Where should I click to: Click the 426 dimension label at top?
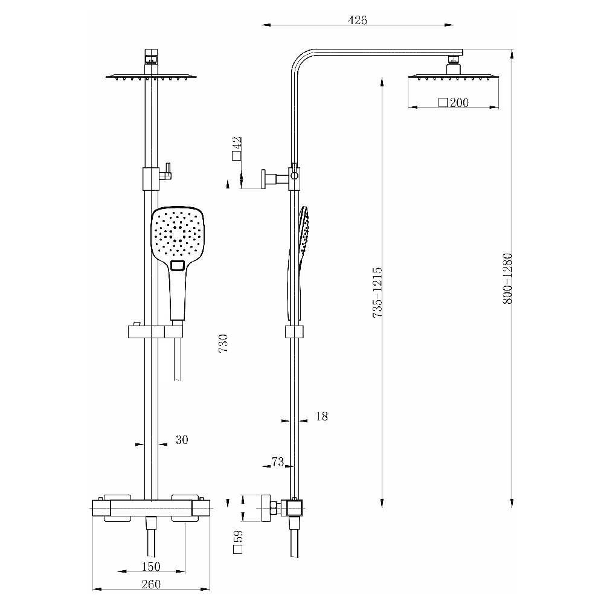pos(358,20)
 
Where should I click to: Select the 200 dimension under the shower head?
pos(458,103)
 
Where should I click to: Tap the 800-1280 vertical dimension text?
pos(507,278)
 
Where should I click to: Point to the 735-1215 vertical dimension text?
pos(377,293)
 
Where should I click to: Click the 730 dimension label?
pos(223,343)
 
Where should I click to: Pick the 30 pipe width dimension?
pos(182,440)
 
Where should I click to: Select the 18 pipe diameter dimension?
pos(321,416)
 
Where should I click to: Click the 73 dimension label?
pos(277,462)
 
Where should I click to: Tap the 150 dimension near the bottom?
pos(151,566)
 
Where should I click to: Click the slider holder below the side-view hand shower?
pos(294,332)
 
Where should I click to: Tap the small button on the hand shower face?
pos(178,266)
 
